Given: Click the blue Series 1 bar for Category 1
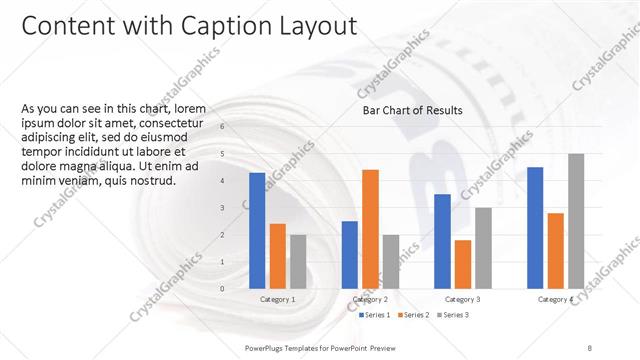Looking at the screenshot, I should [x=257, y=230].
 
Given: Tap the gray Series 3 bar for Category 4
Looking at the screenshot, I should [x=576, y=221].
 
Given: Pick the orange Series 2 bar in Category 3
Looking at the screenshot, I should [x=462, y=263].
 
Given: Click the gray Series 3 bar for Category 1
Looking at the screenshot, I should [x=298, y=261].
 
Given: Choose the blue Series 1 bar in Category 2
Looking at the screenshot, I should [x=349, y=254].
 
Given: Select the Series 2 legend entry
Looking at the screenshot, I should [x=415, y=315].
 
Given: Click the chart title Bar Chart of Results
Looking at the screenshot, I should [x=412, y=111].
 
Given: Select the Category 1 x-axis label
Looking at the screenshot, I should [x=277, y=299].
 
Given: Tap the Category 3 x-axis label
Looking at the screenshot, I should [x=462, y=299].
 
